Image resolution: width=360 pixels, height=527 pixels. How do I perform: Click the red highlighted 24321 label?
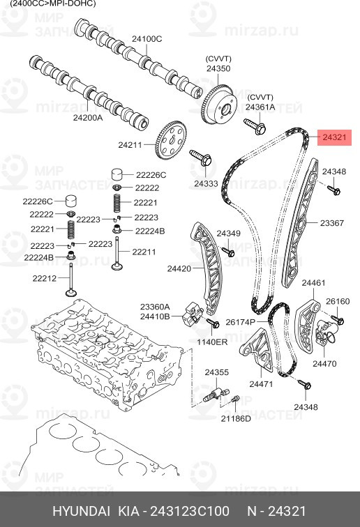point(334,137)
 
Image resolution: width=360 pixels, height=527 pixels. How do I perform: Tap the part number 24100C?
point(147,39)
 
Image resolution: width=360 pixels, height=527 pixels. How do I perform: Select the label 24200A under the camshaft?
point(88,118)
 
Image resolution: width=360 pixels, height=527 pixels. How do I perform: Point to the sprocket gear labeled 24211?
point(171,140)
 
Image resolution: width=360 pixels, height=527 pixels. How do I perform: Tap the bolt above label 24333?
point(201,158)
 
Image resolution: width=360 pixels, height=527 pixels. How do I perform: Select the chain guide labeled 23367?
point(299,223)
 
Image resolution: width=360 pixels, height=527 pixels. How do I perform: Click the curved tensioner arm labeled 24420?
point(207,266)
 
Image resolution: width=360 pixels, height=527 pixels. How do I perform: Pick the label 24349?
point(228,234)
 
